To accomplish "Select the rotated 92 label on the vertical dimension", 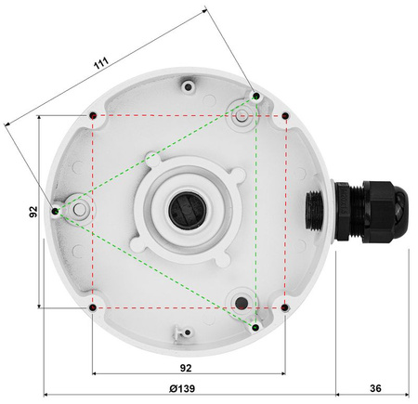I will [33, 212].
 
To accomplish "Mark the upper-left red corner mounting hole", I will [93, 115].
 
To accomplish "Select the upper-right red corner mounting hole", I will [285, 115].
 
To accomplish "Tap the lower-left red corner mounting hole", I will [93, 307].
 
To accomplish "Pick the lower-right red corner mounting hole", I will [285, 307].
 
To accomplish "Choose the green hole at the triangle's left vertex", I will [56, 212].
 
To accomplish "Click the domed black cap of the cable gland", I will [396, 211].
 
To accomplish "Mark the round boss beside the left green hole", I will [79, 212].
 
